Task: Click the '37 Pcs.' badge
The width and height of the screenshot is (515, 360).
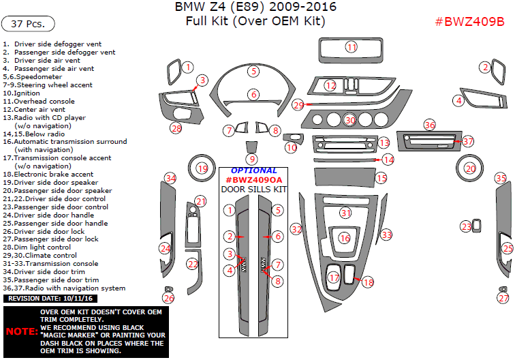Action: point(28,24)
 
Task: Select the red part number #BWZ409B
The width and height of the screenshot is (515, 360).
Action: point(469,21)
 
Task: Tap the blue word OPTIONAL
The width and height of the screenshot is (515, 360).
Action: point(253,170)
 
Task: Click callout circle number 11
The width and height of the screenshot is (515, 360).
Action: point(351,47)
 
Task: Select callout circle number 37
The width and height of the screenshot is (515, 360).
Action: point(467,141)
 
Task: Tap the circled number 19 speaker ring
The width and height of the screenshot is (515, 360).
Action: point(202,168)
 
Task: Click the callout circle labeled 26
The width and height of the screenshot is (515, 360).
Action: point(168,298)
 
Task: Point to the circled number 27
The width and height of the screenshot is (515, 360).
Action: point(503,298)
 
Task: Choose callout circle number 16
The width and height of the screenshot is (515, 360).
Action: point(345,238)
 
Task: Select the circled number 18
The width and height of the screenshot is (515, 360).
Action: point(368,282)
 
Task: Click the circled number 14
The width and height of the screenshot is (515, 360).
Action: point(388,160)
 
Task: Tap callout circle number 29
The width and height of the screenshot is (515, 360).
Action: point(298,105)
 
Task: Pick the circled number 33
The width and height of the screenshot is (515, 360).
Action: point(386,235)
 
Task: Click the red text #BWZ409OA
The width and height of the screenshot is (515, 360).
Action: point(253,180)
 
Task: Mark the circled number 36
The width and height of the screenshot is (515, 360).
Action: point(429,125)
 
